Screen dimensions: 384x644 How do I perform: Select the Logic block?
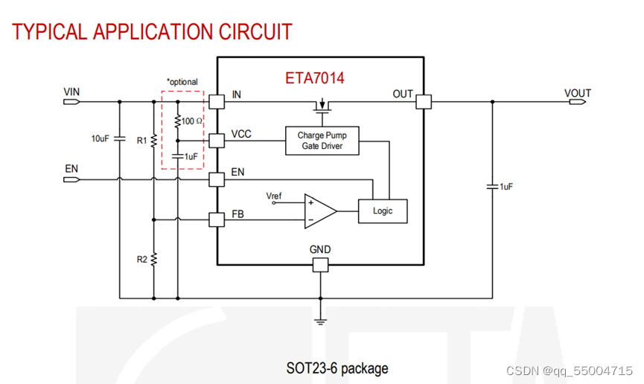coord(383,211)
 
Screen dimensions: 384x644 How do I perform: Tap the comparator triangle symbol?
coord(319,211)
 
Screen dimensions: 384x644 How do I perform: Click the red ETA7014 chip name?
coord(314,77)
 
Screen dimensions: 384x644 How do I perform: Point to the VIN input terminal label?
coord(71,92)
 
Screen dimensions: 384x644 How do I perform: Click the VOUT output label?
coord(578,93)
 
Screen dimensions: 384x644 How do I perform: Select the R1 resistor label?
coord(141,139)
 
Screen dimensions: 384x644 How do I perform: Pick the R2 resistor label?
coord(141,259)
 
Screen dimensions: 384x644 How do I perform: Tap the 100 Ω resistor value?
coord(192,120)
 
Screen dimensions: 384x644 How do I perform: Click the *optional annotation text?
coord(182,81)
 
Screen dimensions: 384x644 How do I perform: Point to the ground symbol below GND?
coord(321,321)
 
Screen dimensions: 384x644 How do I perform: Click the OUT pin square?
coord(424,101)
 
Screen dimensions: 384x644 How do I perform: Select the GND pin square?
coord(321,265)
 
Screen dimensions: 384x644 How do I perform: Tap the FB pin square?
coord(217,220)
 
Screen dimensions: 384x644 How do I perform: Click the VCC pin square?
coord(217,140)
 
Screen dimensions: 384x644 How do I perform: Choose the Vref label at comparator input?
coord(275,196)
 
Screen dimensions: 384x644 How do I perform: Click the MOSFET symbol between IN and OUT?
coord(322,109)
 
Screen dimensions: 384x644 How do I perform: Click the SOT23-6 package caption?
coord(337,368)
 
